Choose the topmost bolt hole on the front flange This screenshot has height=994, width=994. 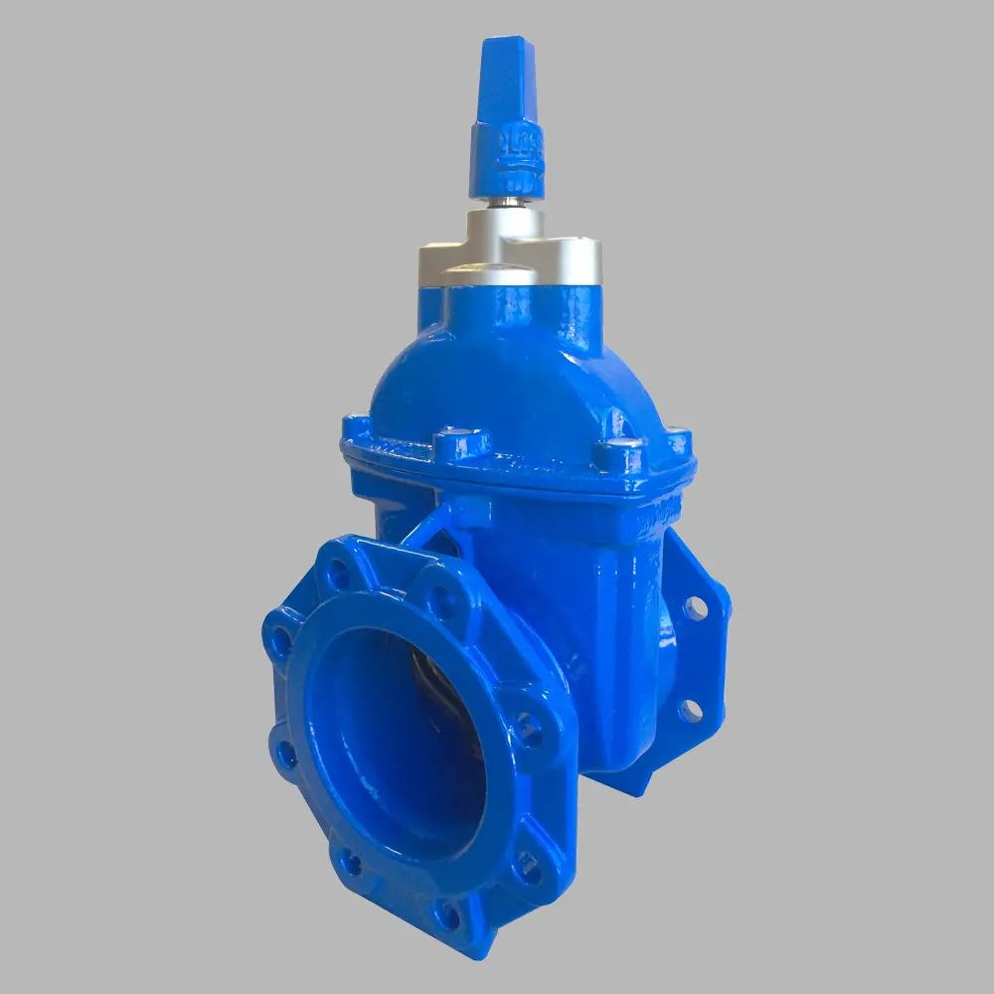[340, 573]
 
